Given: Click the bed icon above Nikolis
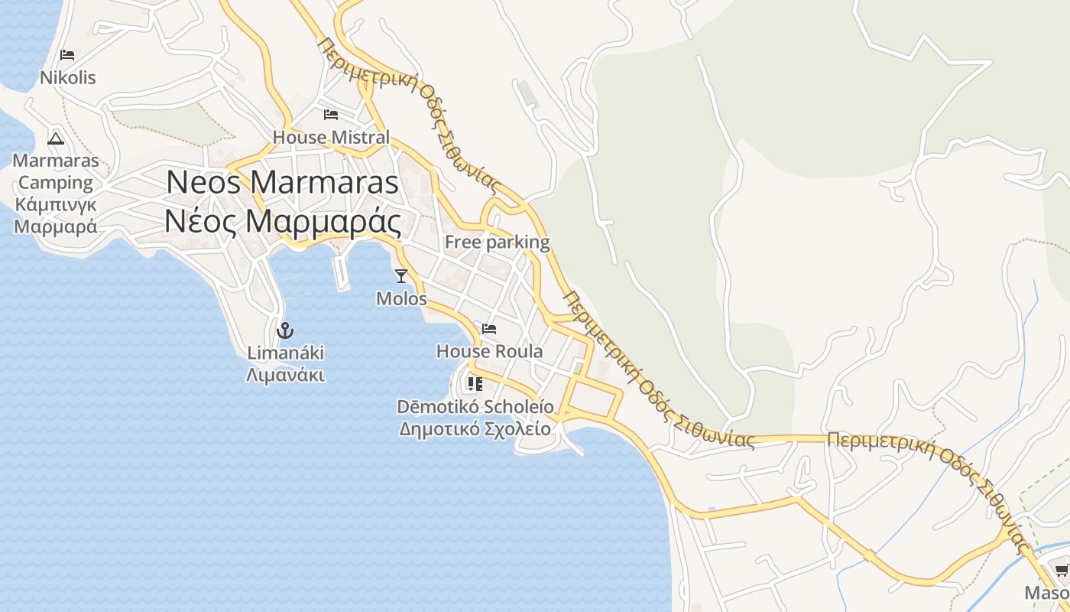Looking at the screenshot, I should (x=67, y=55).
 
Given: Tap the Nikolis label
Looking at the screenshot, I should (x=68, y=77).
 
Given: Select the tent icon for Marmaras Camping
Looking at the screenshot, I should (x=55, y=138).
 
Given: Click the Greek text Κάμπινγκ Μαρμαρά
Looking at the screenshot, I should (x=56, y=216).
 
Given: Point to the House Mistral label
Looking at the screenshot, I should (x=331, y=138).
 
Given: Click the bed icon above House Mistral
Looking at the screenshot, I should (x=331, y=115).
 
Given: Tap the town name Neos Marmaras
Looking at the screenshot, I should (x=283, y=182).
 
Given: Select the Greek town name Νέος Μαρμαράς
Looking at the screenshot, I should (x=283, y=222).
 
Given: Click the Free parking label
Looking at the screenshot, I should (x=497, y=243).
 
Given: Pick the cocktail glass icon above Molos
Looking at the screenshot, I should (x=401, y=275).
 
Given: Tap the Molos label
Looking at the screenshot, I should (x=401, y=298).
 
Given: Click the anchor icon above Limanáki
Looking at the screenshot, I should (x=285, y=330).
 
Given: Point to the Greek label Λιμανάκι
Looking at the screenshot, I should (x=285, y=375).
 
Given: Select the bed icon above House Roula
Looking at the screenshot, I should (x=489, y=329).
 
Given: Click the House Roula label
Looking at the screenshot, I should (x=489, y=351).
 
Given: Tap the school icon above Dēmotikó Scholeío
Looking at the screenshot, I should (x=475, y=383).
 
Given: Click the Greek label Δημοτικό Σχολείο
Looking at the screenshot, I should (x=475, y=428).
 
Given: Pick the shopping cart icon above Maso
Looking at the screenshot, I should (x=1062, y=570).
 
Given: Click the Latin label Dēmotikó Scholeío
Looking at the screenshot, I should (x=475, y=406).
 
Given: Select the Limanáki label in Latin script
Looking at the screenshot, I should (x=285, y=353).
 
